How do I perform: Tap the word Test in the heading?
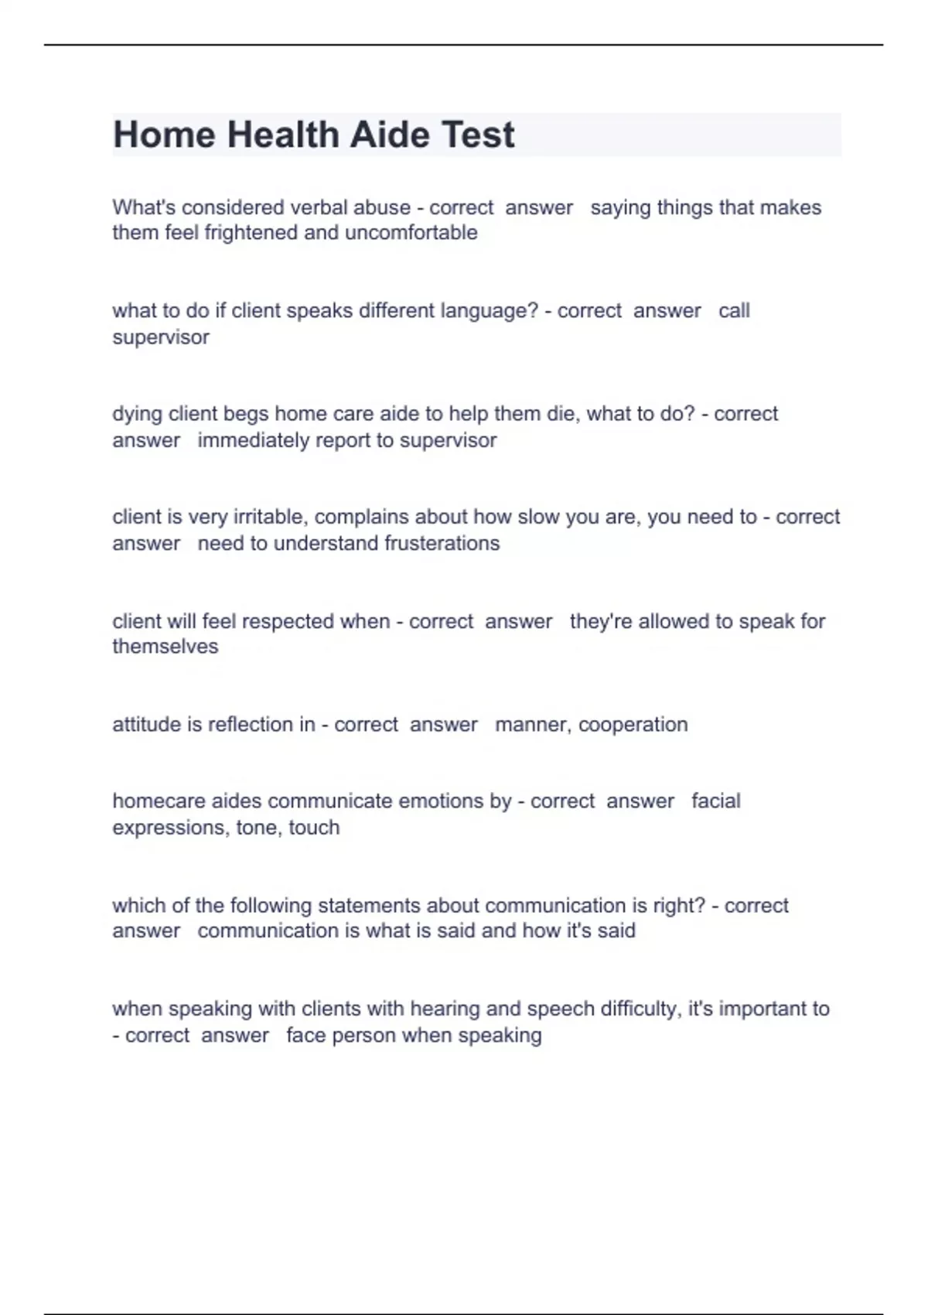(x=477, y=135)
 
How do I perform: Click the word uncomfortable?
(x=411, y=233)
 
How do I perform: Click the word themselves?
(x=165, y=647)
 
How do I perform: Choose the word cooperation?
(x=633, y=725)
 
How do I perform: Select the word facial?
(x=715, y=801)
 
